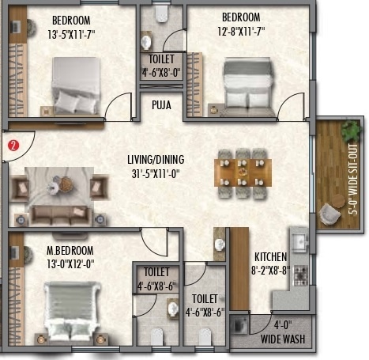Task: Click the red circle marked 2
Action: click(x=12, y=146)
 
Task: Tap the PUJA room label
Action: click(x=162, y=103)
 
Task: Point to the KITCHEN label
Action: click(x=270, y=256)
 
